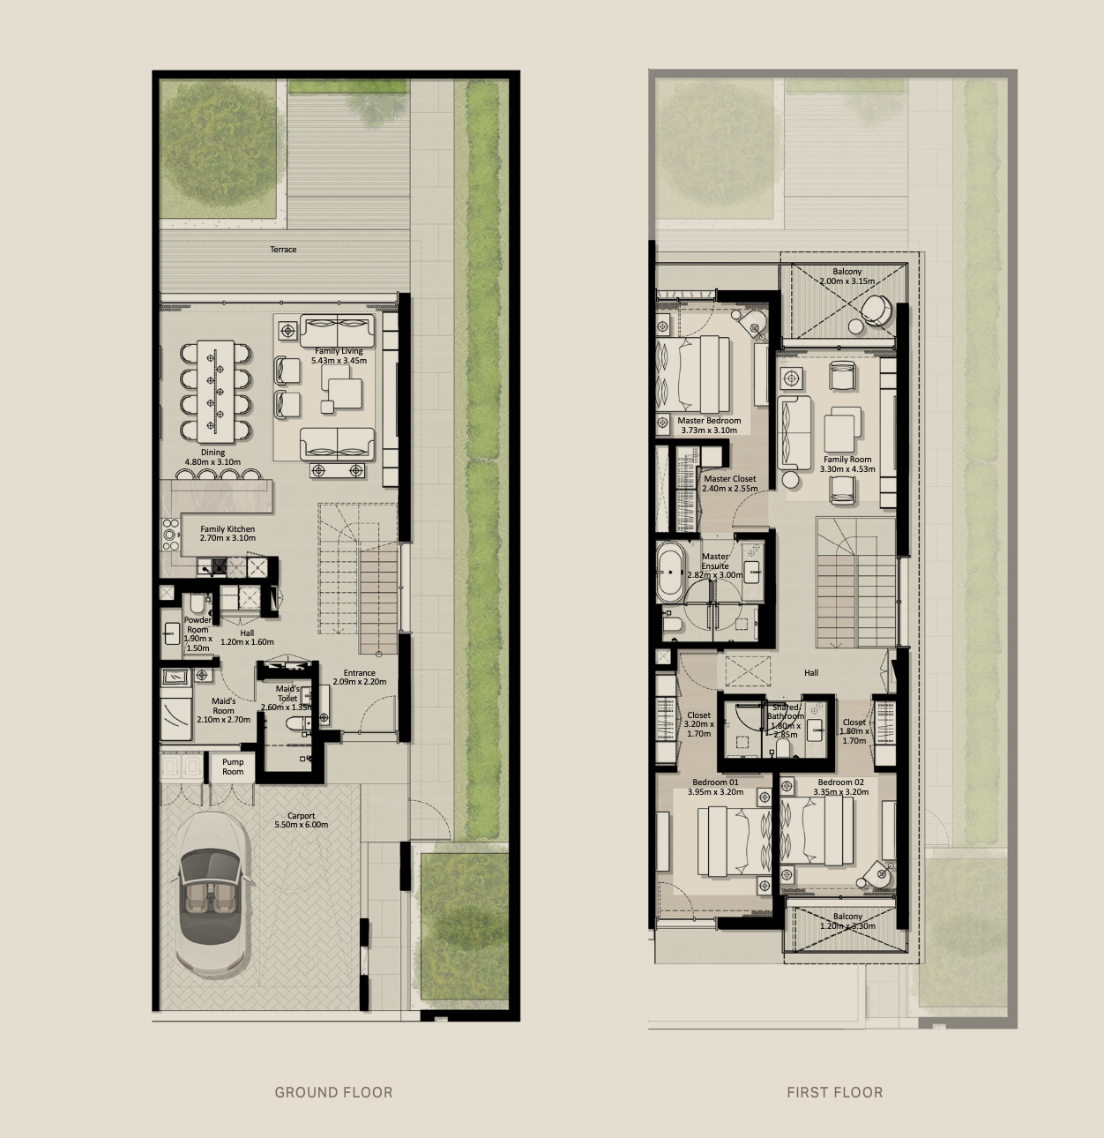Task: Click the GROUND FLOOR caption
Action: click(x=333, y=1092)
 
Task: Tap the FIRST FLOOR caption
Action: click(x=834, y=1092)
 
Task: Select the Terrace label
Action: click(x=283, y=249)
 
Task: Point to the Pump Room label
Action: click(x=233, y=767)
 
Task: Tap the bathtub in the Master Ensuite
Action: click(x=670, y=572)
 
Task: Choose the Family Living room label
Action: click(x=339, y=356)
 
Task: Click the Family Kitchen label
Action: click(x=228, y=534)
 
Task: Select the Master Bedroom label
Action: click(x=709, y=425)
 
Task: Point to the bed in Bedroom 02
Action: click(x=817, y=831)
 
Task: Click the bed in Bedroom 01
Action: click(x=735, y=841)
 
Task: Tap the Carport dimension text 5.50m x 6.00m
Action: click(x=301, y=825)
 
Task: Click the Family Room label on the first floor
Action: click(x=847, y=464)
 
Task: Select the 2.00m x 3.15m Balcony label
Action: click(x=847, y=276)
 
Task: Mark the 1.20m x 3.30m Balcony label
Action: click(x=847, y=921)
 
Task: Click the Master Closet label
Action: click(x=730, y=483)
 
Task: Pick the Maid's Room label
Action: click(x=223, y=710)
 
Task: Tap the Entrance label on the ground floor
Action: click(x=360, y=677)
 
